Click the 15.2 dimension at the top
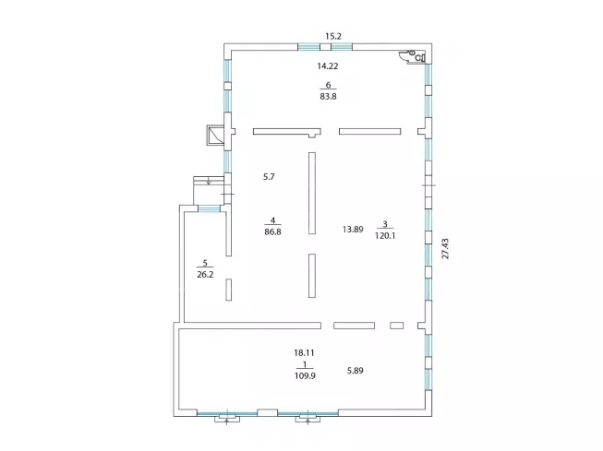pyautogui.click(x=333, y=36)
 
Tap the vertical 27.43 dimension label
pyautogui.click(x=445, y=248)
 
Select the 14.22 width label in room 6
pyautogui.click(x=328, y=66)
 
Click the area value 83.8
pyautogui.click(x=328, y=97)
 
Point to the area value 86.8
pyautogui.click(x=272, y=231)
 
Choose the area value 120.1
pyautogui.click(x=385, y=235)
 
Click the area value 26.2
pyautogui.click(x=205, y=274)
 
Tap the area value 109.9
pyautogui.click(x=305, y=375)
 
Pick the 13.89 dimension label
pyautogui.click(x=353, y=230)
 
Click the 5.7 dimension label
pyautogui.click(x=269, y=177)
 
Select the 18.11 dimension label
pyautogui.click(x=304, y=352)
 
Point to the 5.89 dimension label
pyautogui.click(x=355, y=371)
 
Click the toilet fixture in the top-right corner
pyautogui.click(x=415, y=56)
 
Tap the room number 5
pyautogui.click(x=205, y=263)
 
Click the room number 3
pyautogui.click(x=385, y=224)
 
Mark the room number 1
pyautogui.click(x=305, y=364)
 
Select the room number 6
pyautogui.click(x=328, y=85)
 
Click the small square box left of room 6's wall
pyautogui.click(x=215, y=135)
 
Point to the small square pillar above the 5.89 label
pyautogui.click(x=397, y=326)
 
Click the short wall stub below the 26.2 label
pyautogui.click(x=228, y=290)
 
